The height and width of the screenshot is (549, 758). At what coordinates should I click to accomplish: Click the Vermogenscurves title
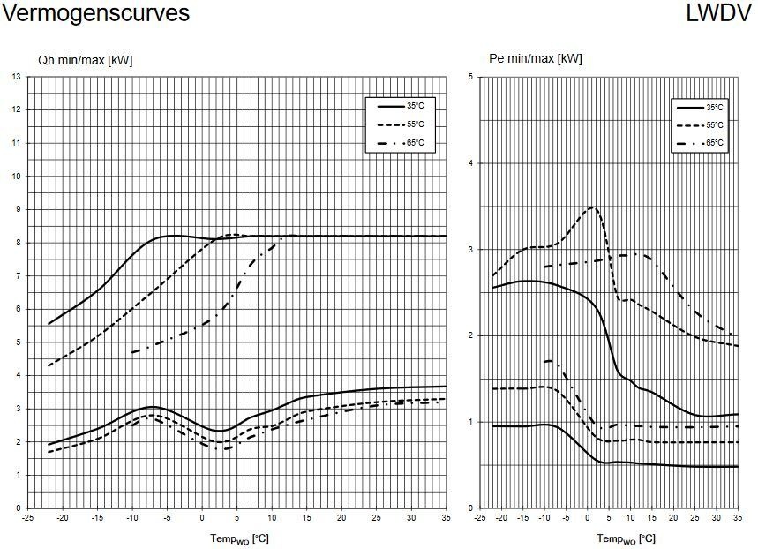point(95,14)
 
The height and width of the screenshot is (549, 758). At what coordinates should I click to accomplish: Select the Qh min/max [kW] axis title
point(85,60)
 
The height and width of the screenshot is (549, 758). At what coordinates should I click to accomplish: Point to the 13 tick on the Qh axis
point(17,77)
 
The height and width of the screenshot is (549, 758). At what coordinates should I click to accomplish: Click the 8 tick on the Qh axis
point(18,243)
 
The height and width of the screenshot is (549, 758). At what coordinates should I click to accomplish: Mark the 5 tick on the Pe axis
point(470,77)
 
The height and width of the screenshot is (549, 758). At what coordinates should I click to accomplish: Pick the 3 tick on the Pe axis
point(470,250)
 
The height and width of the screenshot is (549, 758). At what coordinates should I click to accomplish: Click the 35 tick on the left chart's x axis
point(446,518)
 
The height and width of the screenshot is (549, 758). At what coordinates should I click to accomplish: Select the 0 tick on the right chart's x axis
point(587,518)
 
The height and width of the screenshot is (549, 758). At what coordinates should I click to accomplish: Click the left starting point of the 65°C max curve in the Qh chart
point(131,352)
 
